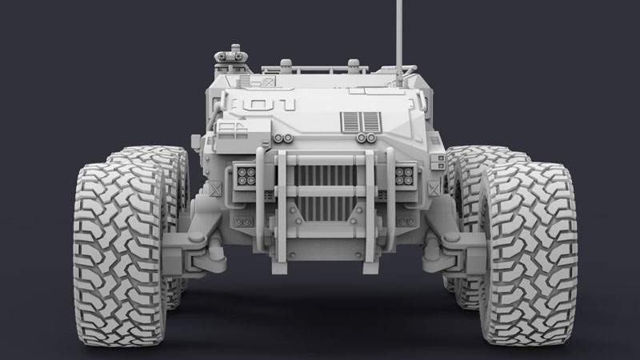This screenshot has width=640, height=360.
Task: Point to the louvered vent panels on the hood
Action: click(x=361, y=122)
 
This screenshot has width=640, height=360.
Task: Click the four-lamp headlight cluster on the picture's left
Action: click(x=246, y=176)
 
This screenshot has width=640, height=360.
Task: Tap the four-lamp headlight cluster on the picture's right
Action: click(x=404, y=176)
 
